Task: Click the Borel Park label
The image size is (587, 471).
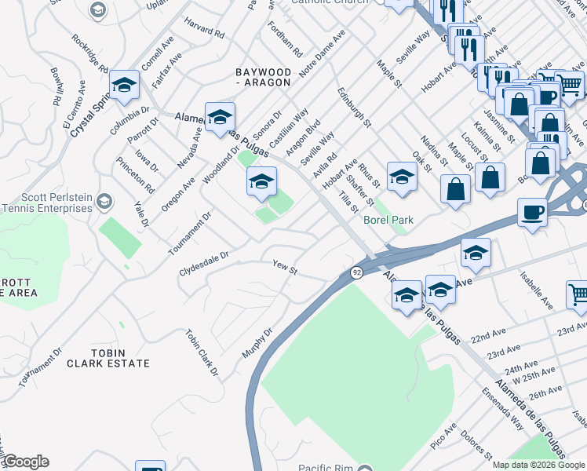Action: pos(388,221)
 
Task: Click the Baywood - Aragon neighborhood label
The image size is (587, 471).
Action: pos(275,78)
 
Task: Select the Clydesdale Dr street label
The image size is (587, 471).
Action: pos(203,256)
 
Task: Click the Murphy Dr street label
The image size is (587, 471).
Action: pos(257,343)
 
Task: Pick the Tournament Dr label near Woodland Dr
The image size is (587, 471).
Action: pos(190,232)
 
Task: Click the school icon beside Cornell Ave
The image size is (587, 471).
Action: pos(124,86)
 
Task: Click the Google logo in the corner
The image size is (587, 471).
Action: pos(25,462)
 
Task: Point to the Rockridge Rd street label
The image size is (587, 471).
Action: pos(91,53)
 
